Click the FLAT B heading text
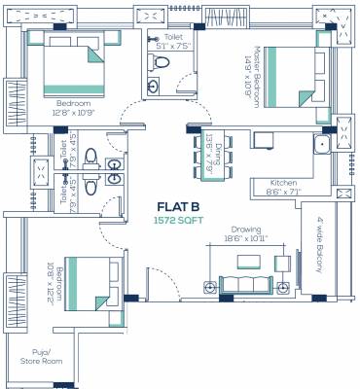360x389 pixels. pos(180,207)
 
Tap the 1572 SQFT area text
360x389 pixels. pos(180,221)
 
